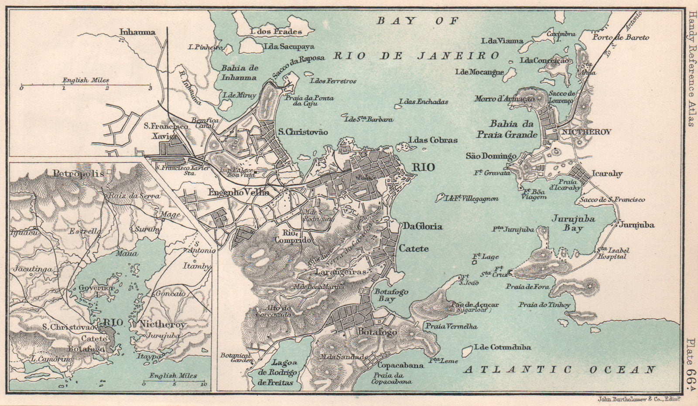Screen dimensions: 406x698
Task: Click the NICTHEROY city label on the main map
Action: coord(586,132)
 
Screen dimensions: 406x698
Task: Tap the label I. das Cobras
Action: coord(433,140)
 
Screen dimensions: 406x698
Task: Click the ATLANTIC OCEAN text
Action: coord(559,370)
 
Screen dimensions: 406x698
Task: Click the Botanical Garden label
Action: coord(236,358)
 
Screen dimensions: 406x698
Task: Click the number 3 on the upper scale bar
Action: coord(150,88)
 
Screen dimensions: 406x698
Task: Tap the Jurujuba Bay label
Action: coord(573,223)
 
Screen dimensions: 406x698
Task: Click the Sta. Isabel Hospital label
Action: coord(612,253)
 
